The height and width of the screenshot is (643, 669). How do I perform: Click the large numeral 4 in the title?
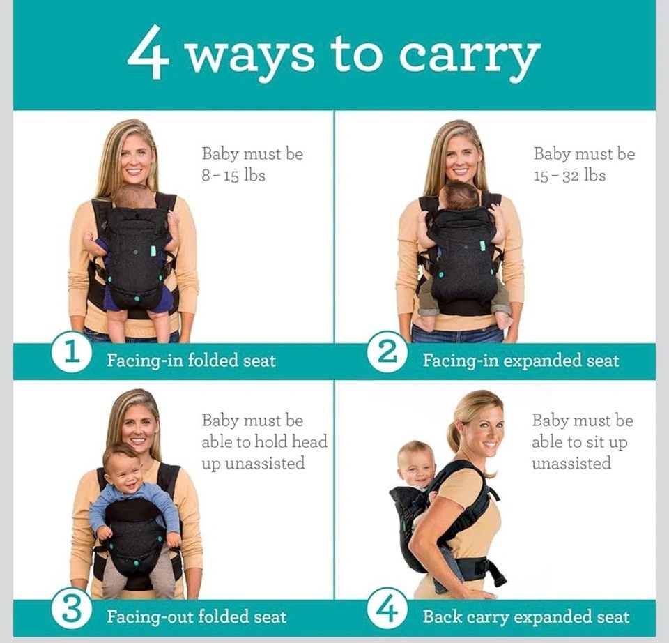(x=148, y=52)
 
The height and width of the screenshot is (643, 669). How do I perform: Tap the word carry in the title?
(x=470, y=59)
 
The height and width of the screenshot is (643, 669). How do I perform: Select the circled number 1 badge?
(x=72, y=352)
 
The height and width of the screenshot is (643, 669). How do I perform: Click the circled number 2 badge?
(x=387, y=352)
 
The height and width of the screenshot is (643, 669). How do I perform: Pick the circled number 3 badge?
(x=72, y=610)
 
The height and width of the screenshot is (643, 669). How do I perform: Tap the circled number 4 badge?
(x=387, y=610)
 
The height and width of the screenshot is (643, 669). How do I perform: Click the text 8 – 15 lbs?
(x=233, y=176)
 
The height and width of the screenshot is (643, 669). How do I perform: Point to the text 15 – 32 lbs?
(x=569, y=176)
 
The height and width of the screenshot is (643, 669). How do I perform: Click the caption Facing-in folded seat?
(x=191, y=361)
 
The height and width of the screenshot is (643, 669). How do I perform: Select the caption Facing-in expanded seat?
(x=521, y=361)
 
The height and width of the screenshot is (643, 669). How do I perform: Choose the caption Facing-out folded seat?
(x=197, y=616)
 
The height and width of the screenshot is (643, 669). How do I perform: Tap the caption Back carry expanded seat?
(x=526, y=617)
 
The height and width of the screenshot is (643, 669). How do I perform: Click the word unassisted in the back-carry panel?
(x=571, y=463)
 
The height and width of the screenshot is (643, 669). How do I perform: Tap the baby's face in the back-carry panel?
(x=416, y=467)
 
